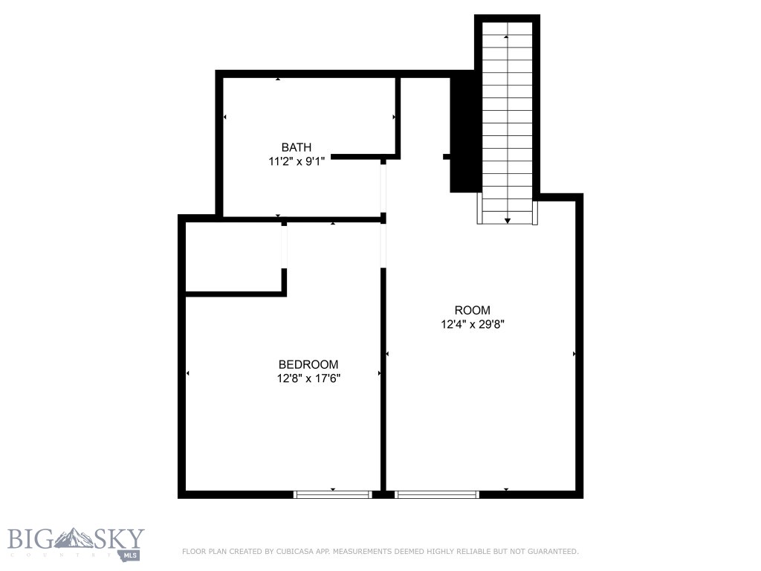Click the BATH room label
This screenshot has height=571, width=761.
coord(296,147)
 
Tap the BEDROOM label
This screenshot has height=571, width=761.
coord(308,364)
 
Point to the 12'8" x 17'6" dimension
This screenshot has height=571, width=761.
coord(308,378)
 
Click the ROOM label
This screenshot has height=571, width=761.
coord(473,310)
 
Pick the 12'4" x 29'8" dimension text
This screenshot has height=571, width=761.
coord(473,324)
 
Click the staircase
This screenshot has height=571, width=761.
coord(507,119)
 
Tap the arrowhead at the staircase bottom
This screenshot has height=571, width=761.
coord(507,220)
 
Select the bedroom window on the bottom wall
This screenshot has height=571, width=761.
coord(332,494)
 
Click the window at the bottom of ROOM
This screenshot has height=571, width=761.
coord(437,494)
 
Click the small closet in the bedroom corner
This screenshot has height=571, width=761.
coord(233,257)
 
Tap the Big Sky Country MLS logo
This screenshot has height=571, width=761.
coord(76,543)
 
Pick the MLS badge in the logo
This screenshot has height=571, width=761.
coord(131,555)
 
